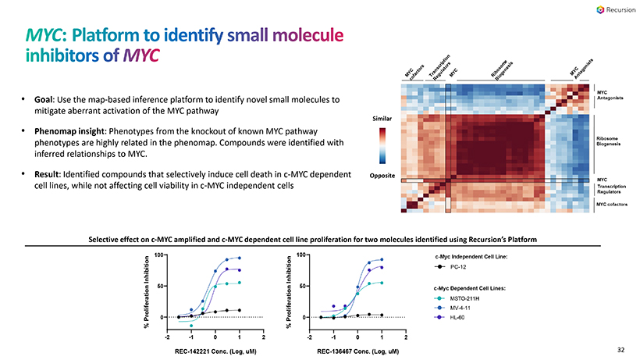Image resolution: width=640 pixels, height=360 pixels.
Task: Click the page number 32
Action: [x=621, y=350]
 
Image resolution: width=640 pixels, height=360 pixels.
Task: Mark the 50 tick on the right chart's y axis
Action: [x=302, y=287]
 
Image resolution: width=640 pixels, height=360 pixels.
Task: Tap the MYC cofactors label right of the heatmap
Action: [x=613, y=204]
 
